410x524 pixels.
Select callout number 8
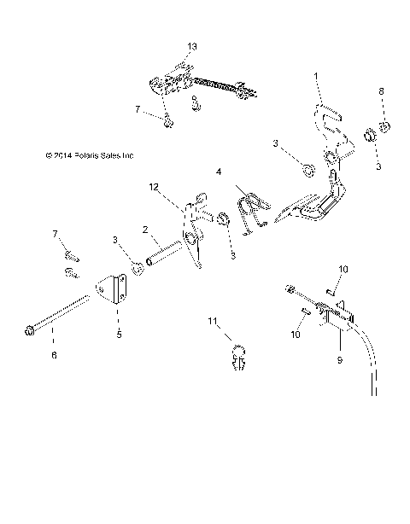tap(381, 90)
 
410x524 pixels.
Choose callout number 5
tap(119, 335)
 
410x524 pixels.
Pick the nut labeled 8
tap(386, 128)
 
